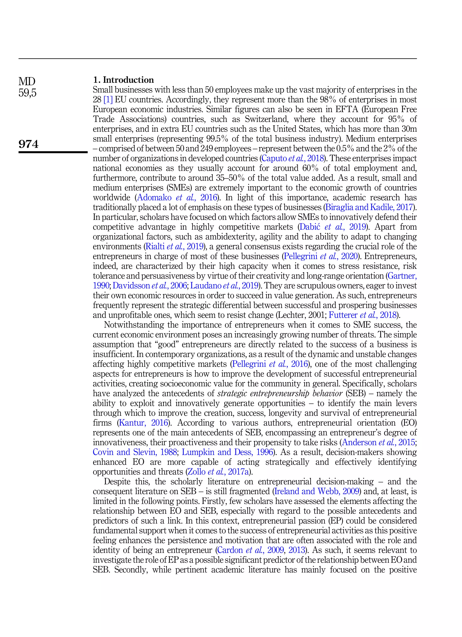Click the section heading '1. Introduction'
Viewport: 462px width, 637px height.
click(x=123, y=80)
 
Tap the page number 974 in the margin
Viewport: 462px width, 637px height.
click(x=29, y=144)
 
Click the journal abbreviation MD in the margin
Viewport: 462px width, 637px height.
click(x=27, y=82)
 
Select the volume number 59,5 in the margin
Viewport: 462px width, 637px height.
click(x=28, y=93)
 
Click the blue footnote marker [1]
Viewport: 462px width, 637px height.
click(x=108, y=100)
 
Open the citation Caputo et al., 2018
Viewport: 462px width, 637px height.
click(x=293, y=159)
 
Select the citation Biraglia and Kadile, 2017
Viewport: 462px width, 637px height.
click(x=369, y=207)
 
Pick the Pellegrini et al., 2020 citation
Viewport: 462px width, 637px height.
click(x=321, y=256)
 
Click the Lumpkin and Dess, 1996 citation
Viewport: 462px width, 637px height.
click(x=228, y=452)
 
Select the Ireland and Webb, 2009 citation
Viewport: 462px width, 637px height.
click(x=317, y=491)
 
